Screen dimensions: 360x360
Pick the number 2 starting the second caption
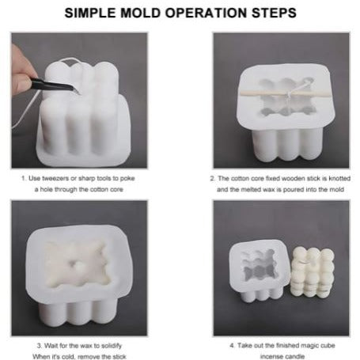tap(214, 179)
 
